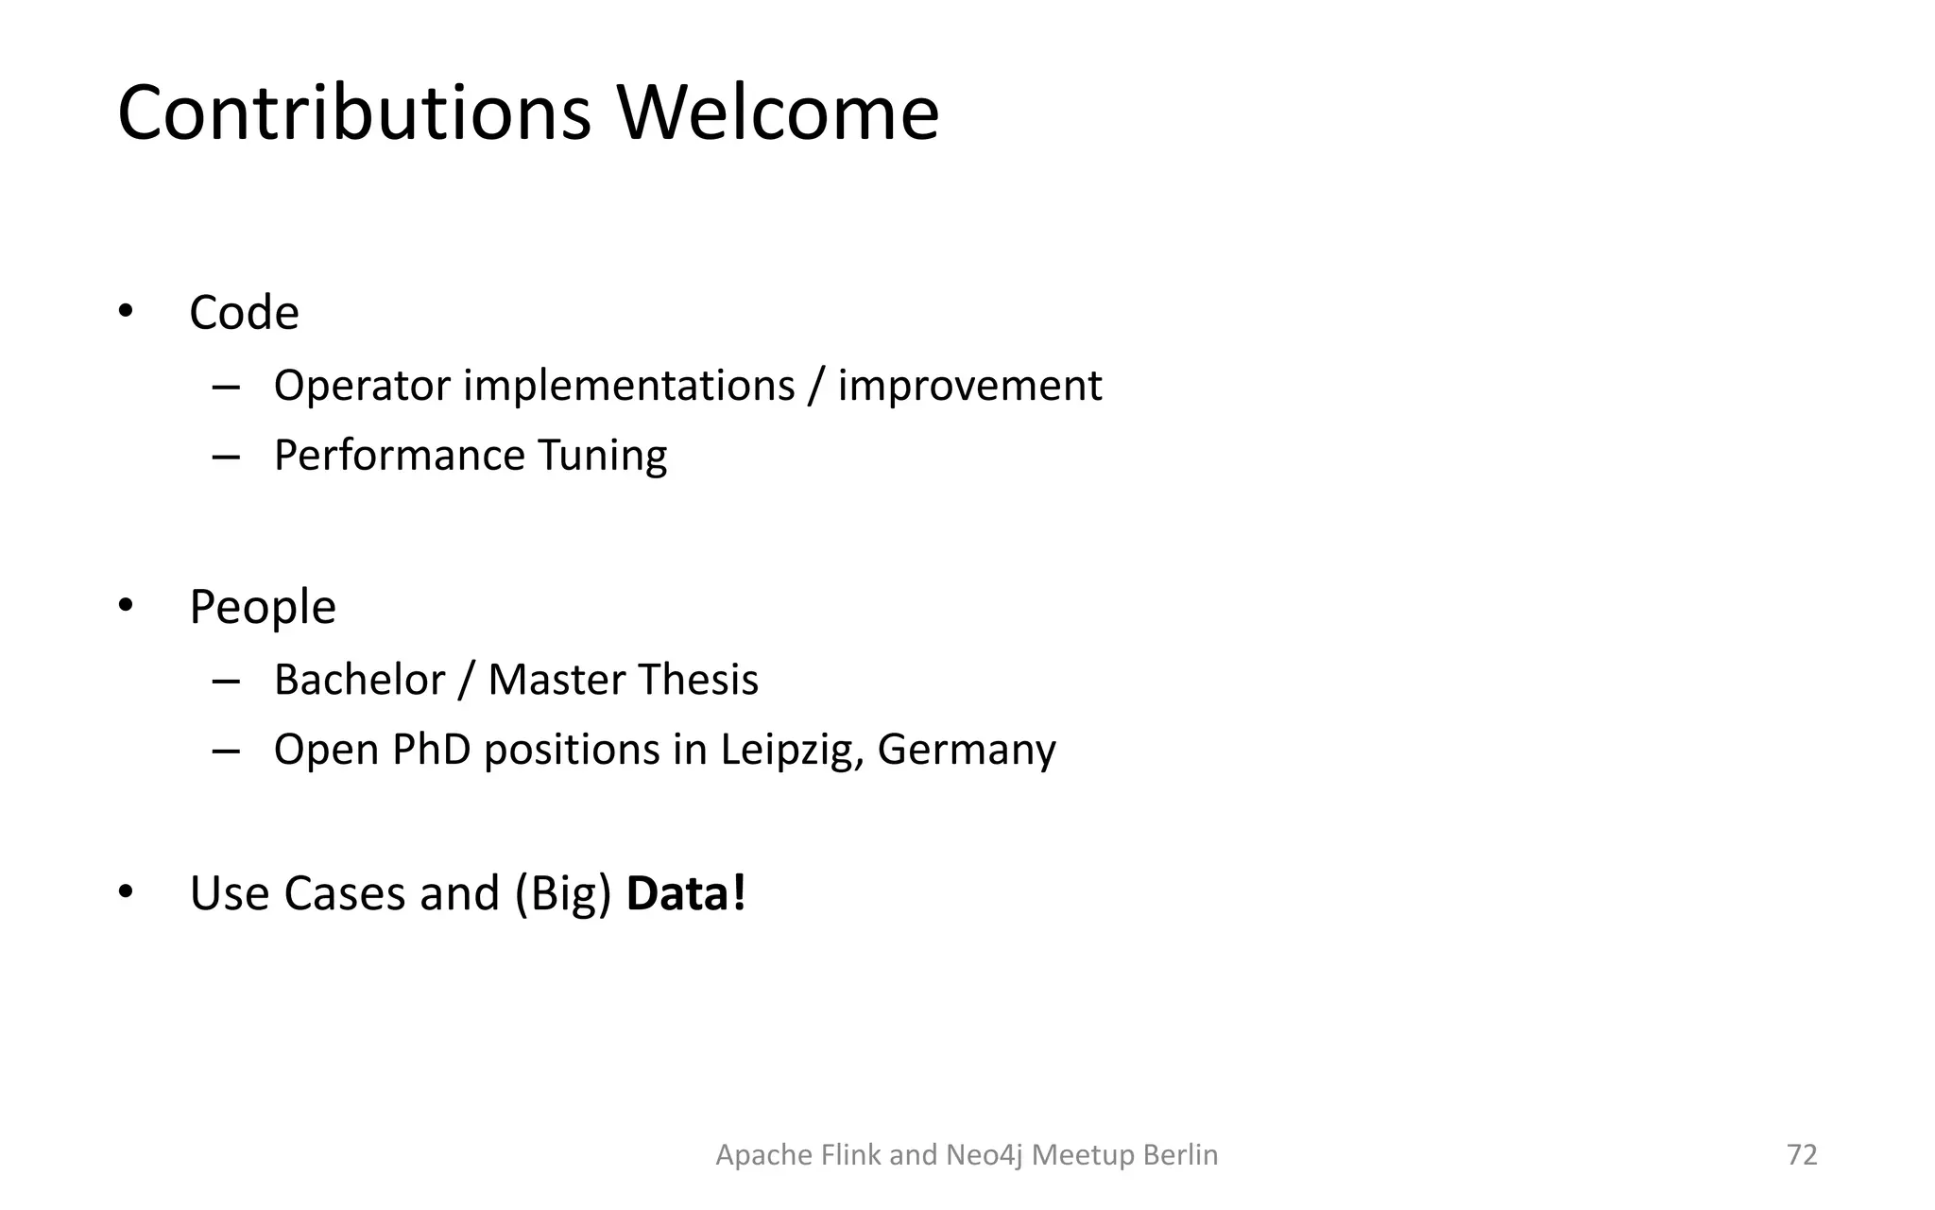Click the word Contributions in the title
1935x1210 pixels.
[354, 113]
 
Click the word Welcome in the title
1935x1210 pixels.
[778, 113]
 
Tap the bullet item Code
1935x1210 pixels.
[244, 313]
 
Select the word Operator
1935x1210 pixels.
[362, 386]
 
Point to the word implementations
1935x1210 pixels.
[629, 386]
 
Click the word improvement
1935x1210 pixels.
[969, 386]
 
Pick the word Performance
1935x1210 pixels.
[399, 456]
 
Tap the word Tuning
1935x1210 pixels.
[602, 456]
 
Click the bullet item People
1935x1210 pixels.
[263, 607]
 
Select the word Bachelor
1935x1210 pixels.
[359, 680]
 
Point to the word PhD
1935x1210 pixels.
[431, 750]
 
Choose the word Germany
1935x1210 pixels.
[967, 750]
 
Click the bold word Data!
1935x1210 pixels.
[686, 893]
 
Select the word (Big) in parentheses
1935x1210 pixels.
[563, 893]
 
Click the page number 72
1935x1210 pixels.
[1802, 1154]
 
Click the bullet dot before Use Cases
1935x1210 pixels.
[126, 892]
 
